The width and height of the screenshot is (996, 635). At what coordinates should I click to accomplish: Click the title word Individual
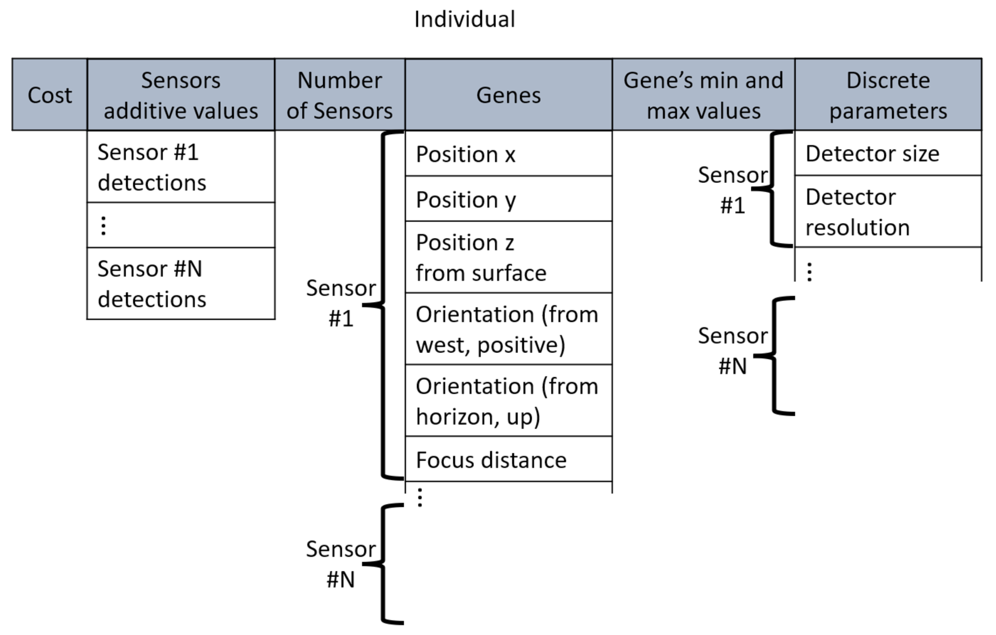coord(464,19)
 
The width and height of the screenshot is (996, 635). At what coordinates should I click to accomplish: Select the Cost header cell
coord(50,95)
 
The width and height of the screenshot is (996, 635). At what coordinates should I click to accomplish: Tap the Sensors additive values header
coord(181,95)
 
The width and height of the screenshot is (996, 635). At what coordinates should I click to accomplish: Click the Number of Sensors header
coord(339,95)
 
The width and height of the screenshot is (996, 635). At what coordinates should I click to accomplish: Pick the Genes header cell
coord(508,95)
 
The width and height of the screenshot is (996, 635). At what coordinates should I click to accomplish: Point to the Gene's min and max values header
coord(703,95)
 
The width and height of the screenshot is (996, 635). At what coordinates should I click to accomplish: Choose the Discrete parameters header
coord(888,95)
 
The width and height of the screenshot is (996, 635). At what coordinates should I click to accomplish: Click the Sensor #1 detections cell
coord(181,167)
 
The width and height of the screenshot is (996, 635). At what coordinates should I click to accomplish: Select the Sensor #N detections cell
coord(181,284)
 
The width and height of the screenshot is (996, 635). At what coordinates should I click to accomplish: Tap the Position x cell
coord(508,154)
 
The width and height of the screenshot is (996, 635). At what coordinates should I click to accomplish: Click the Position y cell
coord(508,199)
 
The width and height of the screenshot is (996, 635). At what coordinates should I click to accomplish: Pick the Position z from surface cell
coord(508,257)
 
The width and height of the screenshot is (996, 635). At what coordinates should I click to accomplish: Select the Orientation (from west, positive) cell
coord(508,329)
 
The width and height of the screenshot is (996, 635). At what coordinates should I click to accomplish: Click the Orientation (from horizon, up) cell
coord(508,401)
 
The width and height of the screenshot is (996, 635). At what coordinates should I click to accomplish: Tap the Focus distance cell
coord(508,460)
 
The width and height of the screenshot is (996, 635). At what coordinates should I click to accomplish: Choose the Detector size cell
coord(888,154)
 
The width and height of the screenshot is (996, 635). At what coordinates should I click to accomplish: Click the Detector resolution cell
coord(888,212)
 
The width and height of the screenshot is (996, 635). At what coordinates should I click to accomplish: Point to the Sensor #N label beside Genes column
coord(340,564)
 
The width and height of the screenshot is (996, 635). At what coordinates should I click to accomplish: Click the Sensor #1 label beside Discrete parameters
coord(733,190)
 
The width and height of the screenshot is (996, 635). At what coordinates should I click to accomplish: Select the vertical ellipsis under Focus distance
coord(420,498)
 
